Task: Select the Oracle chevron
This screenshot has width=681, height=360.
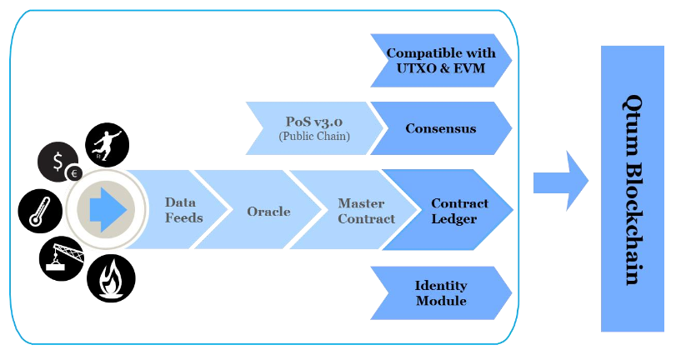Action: tap(265, 210)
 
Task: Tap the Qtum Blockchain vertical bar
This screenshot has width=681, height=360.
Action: tap(633, 188)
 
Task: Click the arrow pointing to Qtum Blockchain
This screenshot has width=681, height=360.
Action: tap(561, 181)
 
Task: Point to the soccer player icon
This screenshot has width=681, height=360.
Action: tap(107, 145)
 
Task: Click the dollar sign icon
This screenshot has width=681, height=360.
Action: tap(58, 162)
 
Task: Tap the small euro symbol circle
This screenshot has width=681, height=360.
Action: tap(74, 173)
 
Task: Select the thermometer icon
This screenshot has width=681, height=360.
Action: tap(40, 211)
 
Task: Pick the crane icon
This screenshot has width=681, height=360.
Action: tap(62, 258)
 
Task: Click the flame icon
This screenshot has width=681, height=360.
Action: tap(111, 278)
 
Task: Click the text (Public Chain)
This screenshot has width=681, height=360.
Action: tap(314, 137)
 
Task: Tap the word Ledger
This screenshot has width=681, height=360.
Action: tap(453, 219)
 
